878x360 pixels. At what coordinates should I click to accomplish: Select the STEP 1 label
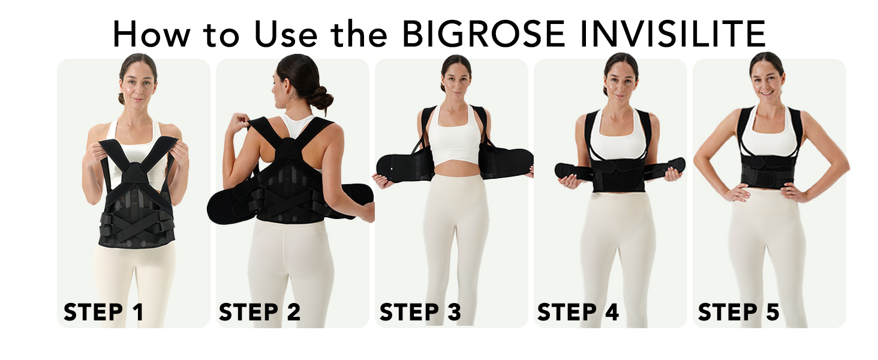click(x=103, y=312)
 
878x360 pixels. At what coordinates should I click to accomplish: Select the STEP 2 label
click(x=260, y=312)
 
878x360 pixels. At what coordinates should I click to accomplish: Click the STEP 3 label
click(x=420, y=312)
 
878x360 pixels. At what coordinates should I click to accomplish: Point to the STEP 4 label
click(x=578, y=312)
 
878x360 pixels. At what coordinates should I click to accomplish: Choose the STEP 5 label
click(x=739, y=312)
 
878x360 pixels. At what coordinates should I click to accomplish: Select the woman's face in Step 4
click(x=621, y=82)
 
